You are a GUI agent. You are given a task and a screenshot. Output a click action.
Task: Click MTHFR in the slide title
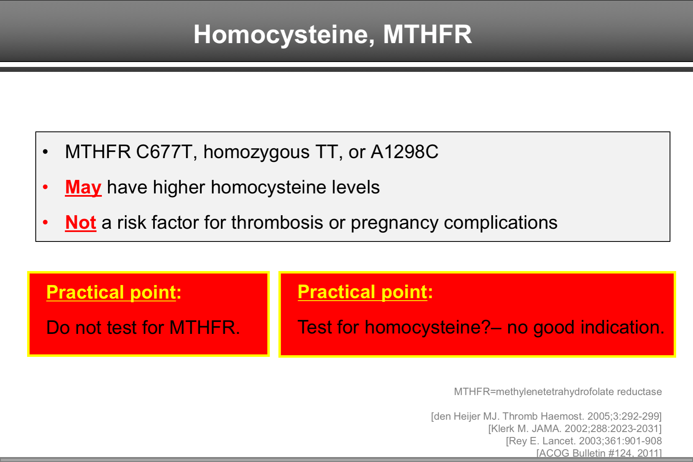tap(427, 34)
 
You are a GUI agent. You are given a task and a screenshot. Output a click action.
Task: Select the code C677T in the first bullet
tap(164, 152)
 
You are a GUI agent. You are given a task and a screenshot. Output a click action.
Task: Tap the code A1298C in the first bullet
tap(404, 152)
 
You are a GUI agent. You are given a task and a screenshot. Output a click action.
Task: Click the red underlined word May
tap(83, 187)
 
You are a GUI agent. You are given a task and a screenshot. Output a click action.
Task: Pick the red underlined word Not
tap(81, 223)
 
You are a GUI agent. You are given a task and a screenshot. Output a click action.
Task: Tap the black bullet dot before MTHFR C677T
tap(46, 152)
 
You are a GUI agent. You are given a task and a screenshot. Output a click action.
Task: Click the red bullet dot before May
tap(46, 187)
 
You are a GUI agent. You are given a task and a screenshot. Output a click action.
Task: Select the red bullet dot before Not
tap(46, 223)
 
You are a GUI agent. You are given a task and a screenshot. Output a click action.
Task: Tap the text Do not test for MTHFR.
tap(143, 328)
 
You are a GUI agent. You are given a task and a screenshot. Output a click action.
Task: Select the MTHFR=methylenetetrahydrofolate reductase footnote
tap(557, 392)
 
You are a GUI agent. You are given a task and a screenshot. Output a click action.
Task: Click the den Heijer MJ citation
tap(546, 416)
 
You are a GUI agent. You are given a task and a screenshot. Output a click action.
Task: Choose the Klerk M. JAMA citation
tap(574, 429)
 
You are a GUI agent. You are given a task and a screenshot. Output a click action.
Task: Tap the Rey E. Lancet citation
tap(583, 441)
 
